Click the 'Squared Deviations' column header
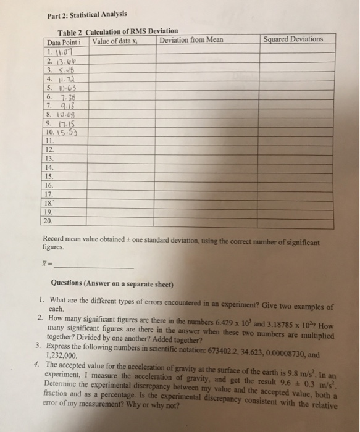(x=293, y=39)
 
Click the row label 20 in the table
(x=49, y=220)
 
